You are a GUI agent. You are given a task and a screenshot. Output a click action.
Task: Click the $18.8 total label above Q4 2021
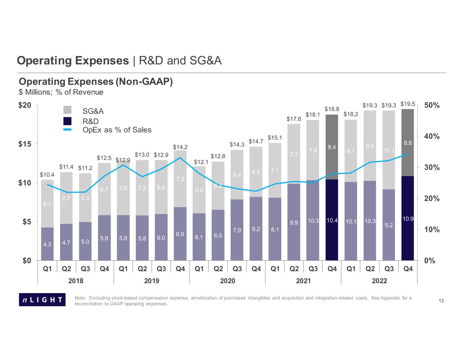[x=331, y=109]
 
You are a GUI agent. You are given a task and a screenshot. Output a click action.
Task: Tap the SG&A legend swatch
[x=68, y=110]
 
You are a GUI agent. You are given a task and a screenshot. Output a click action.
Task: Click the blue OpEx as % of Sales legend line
[x=68, y=130]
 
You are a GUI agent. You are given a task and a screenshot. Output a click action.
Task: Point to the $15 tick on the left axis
[x=25, y=144]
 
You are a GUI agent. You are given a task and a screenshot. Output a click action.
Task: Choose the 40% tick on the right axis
[x=432, y=136]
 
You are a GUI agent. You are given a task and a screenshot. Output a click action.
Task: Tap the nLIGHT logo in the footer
[x=42, y=300]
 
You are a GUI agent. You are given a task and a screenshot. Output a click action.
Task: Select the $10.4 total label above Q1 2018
[x=47, y=175]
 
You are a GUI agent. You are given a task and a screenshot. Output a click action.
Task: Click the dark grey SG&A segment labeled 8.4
[x=332, y=147]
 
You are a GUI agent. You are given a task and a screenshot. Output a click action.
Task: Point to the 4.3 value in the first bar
[x=47, y=244]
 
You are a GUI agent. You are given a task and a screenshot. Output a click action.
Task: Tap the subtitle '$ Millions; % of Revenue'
[x=61, y=92]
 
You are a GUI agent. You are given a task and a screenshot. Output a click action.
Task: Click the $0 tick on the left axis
[x=26, y=261]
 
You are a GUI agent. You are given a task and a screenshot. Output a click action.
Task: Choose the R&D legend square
[x=68, y=121]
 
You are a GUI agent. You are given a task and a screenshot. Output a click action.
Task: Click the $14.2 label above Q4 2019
[x=180, y=147]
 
